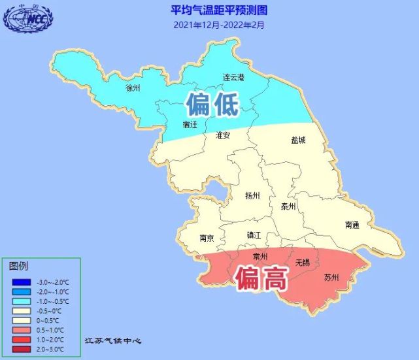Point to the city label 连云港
coord(233,77)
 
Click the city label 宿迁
coord(190,124)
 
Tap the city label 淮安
coord(222,135)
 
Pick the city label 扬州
coord(252,195)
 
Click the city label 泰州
coord(288,206)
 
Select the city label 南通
coord(352,225)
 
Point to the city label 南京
coord(208,238)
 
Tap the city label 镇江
coord(254,235)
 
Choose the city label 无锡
coord(302,263)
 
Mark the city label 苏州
coord(331,278)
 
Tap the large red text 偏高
coord(261,280)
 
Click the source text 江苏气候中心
coord(113,341)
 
